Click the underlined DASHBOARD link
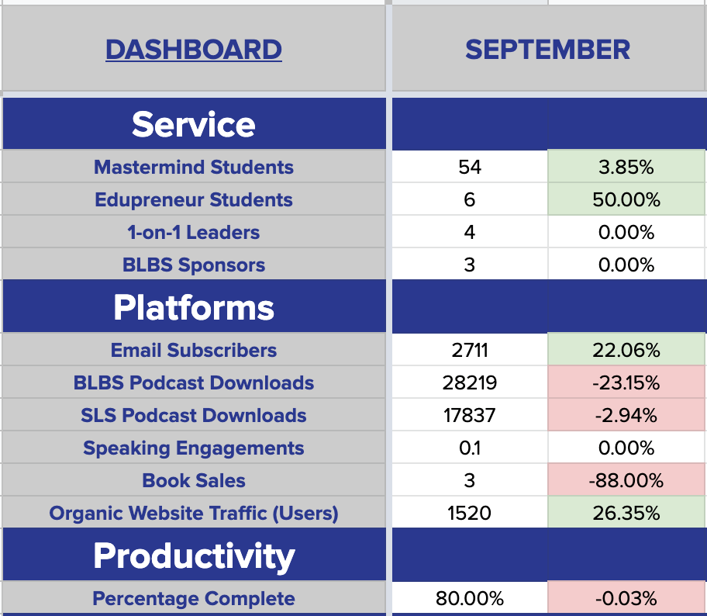(194, 50)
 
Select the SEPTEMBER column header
(548, 50)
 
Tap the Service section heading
(194, 125)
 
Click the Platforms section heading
(194, 308)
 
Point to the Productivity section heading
(194, 556)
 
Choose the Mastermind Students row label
(194, 167)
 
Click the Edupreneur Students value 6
(469, 199)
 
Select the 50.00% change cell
(626, 199)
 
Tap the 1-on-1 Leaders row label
(194, 233)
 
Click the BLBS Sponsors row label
(194, 265)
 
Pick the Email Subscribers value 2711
(469, 350)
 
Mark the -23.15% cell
(626, 382)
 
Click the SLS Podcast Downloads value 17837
(469, 415)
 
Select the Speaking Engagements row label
(194, 448)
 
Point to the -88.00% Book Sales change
(626, 480)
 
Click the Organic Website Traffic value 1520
(469, 513)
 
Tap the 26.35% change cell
(626, 513)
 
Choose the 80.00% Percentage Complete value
(469, 598)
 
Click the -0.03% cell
(626, 598)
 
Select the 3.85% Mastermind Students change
(626, 167)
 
